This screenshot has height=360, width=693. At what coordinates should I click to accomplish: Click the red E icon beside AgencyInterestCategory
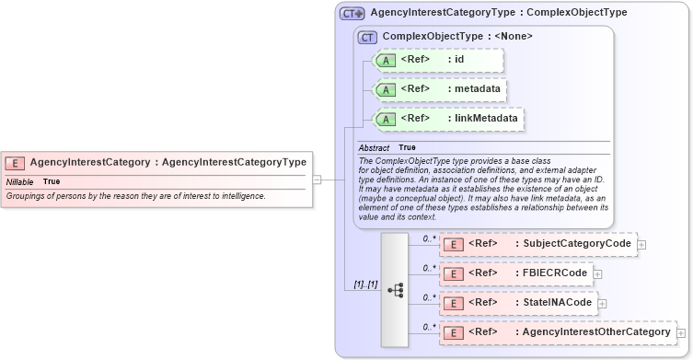15,163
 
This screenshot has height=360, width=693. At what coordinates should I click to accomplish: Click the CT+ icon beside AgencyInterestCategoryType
352,14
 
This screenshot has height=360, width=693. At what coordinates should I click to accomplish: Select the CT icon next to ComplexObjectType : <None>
367,38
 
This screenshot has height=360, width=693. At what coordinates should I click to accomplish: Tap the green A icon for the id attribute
387,61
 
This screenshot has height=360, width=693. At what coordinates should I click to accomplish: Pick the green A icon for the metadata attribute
387,89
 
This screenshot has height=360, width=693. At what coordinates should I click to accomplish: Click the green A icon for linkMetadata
387,119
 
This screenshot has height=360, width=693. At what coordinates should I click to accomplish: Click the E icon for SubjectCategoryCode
453,244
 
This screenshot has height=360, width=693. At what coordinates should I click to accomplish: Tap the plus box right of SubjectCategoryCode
641,244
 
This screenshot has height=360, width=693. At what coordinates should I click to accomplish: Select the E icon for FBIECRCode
453,273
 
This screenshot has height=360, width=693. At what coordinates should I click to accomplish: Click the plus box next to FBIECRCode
597,273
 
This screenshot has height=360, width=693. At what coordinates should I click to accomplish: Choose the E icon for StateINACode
453,303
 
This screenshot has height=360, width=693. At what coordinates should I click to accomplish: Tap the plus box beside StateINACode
603,303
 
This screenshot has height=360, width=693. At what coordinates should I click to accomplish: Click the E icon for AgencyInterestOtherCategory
453,332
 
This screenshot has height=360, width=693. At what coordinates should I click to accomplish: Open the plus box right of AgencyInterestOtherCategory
681,332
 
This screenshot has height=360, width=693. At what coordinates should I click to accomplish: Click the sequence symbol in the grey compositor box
395,290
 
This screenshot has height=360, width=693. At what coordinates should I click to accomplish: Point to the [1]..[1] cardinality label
365,284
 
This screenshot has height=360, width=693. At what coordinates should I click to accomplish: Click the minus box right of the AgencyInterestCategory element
317,180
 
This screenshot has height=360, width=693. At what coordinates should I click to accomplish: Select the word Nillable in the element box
20,181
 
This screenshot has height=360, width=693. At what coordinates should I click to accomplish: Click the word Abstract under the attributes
374,148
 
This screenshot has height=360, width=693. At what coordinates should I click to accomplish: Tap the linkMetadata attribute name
484,119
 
